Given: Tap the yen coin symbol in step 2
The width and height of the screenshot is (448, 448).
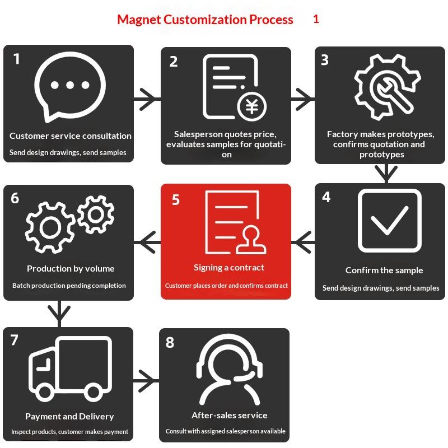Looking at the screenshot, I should coord(252,106).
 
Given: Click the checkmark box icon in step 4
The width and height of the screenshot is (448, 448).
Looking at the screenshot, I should coord(389,221).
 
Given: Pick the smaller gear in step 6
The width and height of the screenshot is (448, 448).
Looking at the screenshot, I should coord(96,214).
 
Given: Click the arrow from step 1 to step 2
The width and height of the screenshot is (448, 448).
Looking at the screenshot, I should coord(147,100).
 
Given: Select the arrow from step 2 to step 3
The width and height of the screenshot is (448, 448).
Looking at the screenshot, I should coord(302,99).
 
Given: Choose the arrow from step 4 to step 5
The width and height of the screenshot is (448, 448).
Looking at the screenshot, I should coord(303,241).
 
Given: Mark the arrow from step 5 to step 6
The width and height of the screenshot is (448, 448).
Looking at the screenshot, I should coord(147,242).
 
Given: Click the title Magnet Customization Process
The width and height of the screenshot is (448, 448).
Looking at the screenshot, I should coord(205,20).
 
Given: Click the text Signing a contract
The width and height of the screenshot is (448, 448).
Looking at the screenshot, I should coord(229,268).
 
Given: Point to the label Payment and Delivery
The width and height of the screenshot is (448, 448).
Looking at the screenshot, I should coord(69,417).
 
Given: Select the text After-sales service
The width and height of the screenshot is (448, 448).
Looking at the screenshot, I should coord(230,416).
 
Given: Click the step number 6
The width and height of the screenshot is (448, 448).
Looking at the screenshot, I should coord(15,198).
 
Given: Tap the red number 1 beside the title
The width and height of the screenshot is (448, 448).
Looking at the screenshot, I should coord(316,19).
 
